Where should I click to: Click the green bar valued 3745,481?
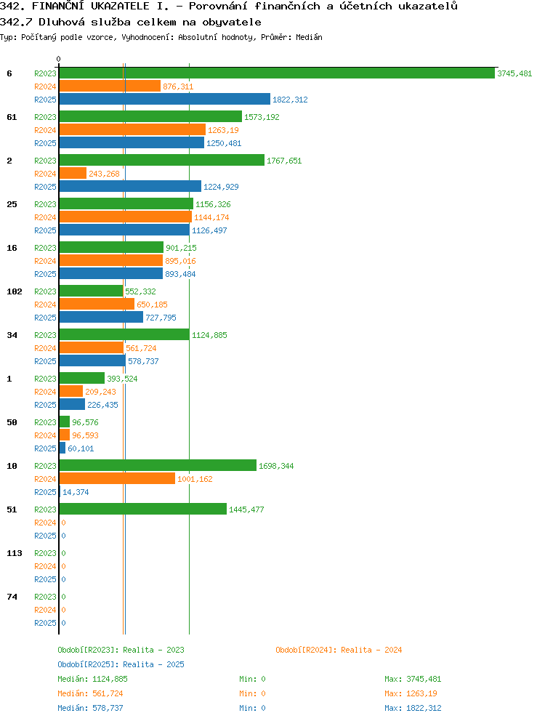click(x=277, y=73)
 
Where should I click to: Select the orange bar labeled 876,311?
click(x=110, y=86)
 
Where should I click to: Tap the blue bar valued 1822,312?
click(x=165, y=100)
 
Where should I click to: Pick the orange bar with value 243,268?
click(x=73, y=174)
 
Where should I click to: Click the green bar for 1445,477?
click(x=143, y=509)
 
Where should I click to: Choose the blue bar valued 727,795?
click(x=101, y=318)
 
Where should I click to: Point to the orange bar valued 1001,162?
click(x=117, y=479)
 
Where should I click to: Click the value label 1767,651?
click(x=284, y=161)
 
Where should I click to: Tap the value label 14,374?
click(x=76, y=492)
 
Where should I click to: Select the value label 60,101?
click(x=81, y=448)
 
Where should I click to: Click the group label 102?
click(x=15, y=291)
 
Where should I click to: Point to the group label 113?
click(x=15, y=553)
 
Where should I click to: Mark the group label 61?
click(x=12, y=117)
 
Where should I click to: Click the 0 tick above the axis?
click(x=58, y=59)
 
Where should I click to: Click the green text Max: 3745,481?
click(x=413, y=679)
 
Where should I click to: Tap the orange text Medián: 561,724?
click(x=90, y=693)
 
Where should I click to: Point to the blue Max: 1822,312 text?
click(x=413, y=708)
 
